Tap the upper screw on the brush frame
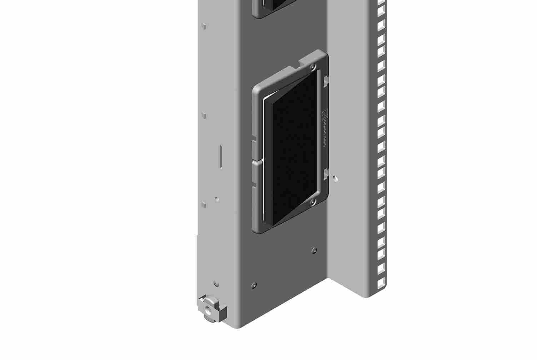pyautogui.click(x=313, y=67)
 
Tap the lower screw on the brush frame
pyautogui.click(x=313, y=202)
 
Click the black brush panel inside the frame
pyautogui.click(x=291, y=150)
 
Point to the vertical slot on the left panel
pyautogui.click(x=220, y=156)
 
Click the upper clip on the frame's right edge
pyautogui.click(x=325, y=82)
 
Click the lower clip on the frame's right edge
pyautogui.click(x=325, y=174)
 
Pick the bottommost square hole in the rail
pyautogui.click(x=381, y=283)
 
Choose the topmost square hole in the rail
pyautogui.click(x=381, y=5)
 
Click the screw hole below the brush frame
pyautogui.click(x=314, y=250)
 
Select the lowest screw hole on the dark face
pyautogui.click(x=254, y=285)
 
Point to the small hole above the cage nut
pyautogui.click(x=216, y=284)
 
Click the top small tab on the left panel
pyautogui.click(x=204, y=26)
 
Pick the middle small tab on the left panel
pyautogui.click(x=204, y=116)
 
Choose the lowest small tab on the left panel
pyautogui.click(x=204, y=205)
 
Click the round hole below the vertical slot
pyautogui.click(x=216, y=198)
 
